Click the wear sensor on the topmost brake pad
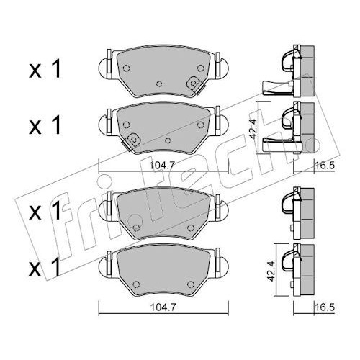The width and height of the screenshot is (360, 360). pyautogui.click(x=195, y=84)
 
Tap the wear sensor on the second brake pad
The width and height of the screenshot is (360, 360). pyautogui.click(x=132, y=141)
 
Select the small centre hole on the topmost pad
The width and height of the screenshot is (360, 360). pyautogui.click(x=159, y=84)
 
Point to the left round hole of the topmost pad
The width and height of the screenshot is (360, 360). pyautogui.click(x=126, y=68)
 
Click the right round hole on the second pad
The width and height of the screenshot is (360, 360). pyautogui.click(x=200, y=125)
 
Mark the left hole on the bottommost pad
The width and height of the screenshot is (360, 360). pyautogui.click(x=136, y=284)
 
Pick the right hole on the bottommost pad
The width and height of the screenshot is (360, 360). pyautogui.click(x=191, y=284)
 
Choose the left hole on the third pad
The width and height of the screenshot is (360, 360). pyautogui.click(x=136, y=228)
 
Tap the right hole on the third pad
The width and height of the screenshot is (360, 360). pyautogui.click(x=191, y=228)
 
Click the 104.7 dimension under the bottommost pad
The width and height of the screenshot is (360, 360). pyautogui.click(x=163, y=307)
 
